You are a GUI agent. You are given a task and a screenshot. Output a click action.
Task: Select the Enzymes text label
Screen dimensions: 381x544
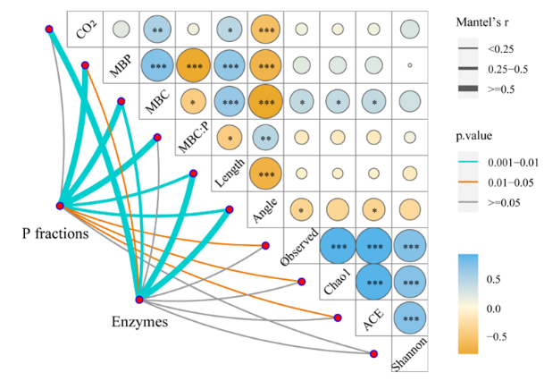click(x=139, y=320)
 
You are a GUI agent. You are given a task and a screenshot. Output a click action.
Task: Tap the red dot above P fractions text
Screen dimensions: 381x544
click(x=59, y=206)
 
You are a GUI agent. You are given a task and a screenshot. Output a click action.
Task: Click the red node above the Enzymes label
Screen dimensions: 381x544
click(x=139, y=299)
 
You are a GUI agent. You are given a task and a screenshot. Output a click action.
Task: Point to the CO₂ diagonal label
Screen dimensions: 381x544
click(x=87, y=33)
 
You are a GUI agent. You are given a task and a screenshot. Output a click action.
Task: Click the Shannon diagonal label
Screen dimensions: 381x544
click(x=411, y=355)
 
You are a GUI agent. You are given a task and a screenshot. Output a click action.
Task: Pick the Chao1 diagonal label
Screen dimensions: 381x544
click(x=338, y=284)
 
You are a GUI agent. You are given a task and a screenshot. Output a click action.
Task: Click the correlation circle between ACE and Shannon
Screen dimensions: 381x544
click(x=409, y=318)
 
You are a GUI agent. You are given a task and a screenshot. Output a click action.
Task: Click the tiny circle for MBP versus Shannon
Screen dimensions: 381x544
click(x=409, y=65)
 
